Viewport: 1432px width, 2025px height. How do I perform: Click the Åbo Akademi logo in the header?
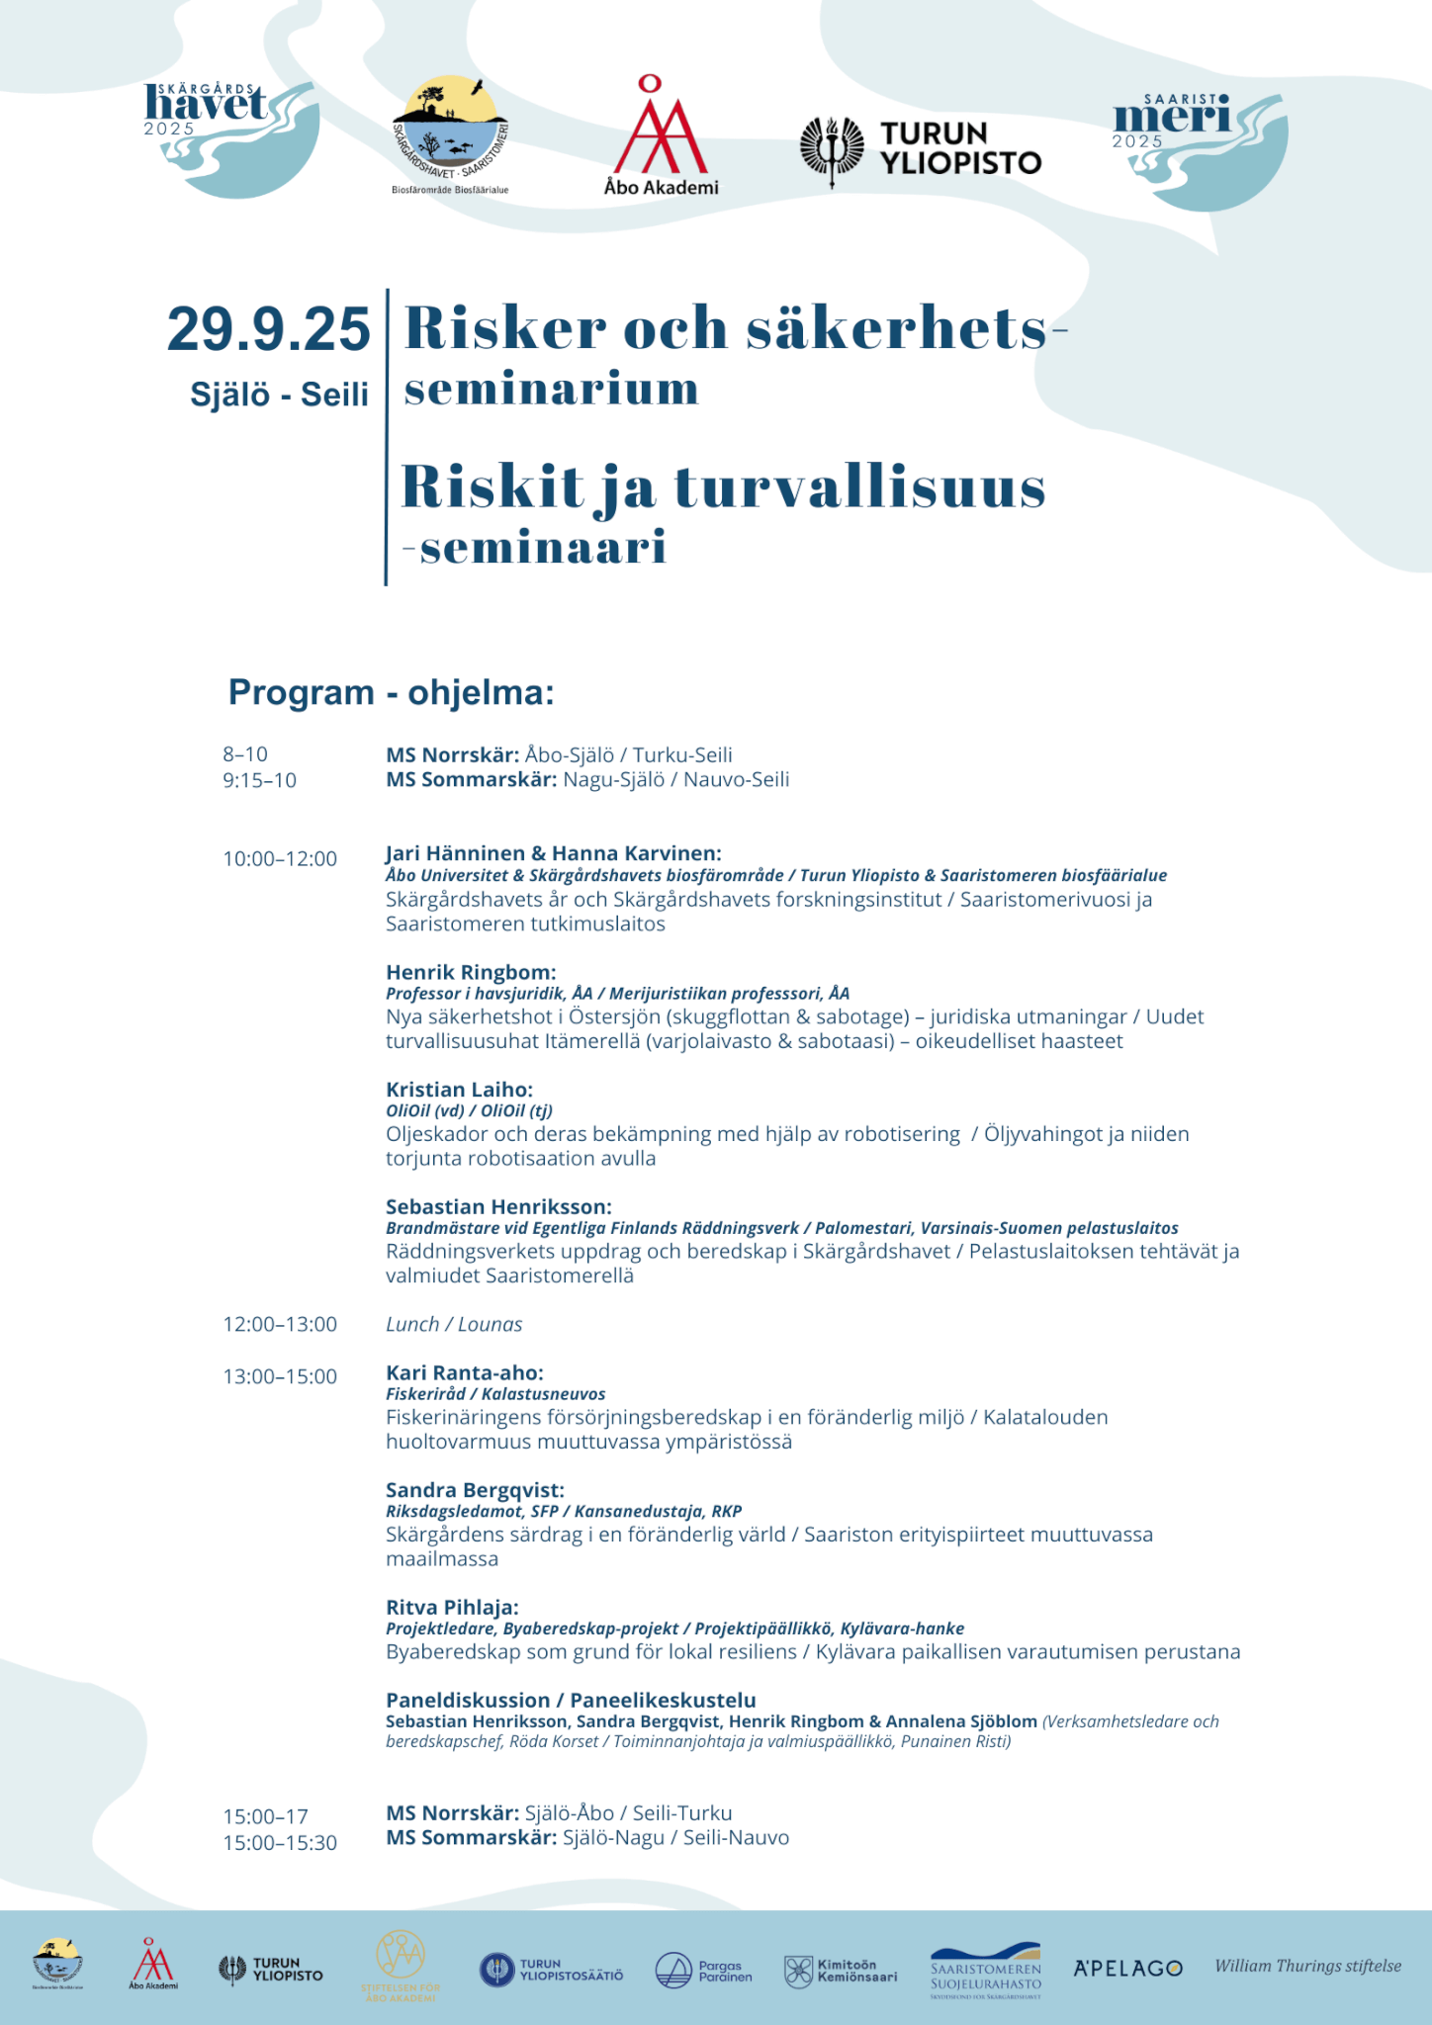660,137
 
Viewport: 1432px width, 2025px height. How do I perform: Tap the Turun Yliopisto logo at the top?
921,149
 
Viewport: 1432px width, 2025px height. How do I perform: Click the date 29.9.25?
268,329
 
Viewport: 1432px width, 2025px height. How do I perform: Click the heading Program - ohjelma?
391,692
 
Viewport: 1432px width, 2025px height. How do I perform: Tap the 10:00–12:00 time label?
280,858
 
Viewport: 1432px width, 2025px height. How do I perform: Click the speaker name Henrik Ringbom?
471,972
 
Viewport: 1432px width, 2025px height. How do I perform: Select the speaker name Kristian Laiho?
459,1089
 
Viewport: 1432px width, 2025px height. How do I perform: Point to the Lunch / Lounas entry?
454,1324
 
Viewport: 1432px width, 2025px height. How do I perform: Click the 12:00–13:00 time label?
280,1324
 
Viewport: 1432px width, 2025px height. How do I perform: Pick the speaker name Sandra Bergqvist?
475,1490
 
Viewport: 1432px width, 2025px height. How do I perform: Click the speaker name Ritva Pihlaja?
452,1607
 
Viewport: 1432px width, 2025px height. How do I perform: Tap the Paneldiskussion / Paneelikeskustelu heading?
571,1700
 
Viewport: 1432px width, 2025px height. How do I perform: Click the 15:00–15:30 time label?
280,1843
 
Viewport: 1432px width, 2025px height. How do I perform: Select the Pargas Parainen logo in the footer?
703,1971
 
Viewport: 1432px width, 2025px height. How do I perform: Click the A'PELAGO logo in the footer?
1127,1968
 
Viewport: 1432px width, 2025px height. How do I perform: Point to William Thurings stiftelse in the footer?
1307,1966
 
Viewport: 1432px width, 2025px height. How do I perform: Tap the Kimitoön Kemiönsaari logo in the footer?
841,1971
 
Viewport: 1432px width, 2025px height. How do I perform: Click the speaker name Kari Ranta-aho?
465,1372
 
